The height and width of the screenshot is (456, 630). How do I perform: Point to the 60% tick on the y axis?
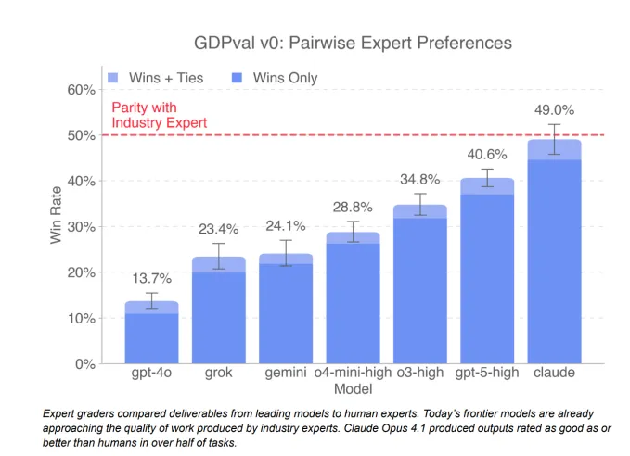tap(81, 90)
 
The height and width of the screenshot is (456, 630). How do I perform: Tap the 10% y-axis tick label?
tap(81, 318)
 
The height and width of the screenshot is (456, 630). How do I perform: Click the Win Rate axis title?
tap(56, 226)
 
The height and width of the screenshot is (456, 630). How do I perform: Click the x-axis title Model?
tap(353, 388)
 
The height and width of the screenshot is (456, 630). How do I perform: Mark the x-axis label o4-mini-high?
tap(353, 373)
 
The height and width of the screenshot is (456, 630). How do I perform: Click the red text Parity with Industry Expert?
tap(159, 115)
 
